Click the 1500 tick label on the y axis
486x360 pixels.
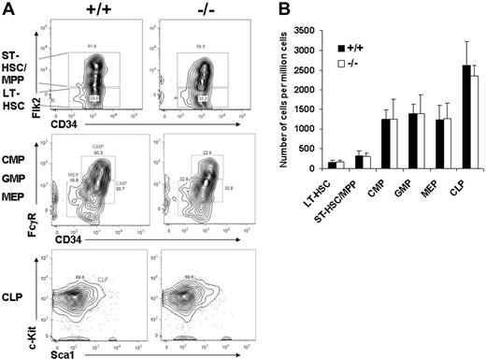[x=308, y=109]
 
